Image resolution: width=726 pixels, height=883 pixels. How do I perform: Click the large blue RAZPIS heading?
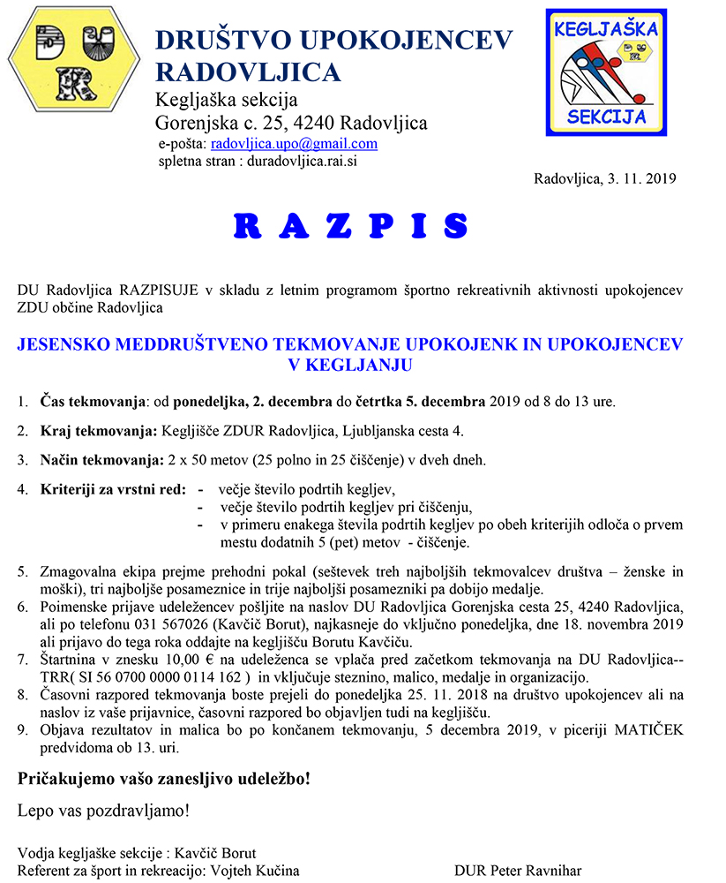pos(350,226)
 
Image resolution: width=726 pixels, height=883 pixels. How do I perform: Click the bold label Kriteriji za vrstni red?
pos(113,489)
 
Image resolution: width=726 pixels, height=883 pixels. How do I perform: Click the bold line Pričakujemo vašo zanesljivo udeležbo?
pos(164,780)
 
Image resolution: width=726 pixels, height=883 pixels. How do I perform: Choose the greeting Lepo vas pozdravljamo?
pos(103,810)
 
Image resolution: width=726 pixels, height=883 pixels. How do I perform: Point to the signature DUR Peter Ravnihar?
pos(518,871)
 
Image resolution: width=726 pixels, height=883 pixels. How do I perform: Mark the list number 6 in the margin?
pos(23,608)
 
